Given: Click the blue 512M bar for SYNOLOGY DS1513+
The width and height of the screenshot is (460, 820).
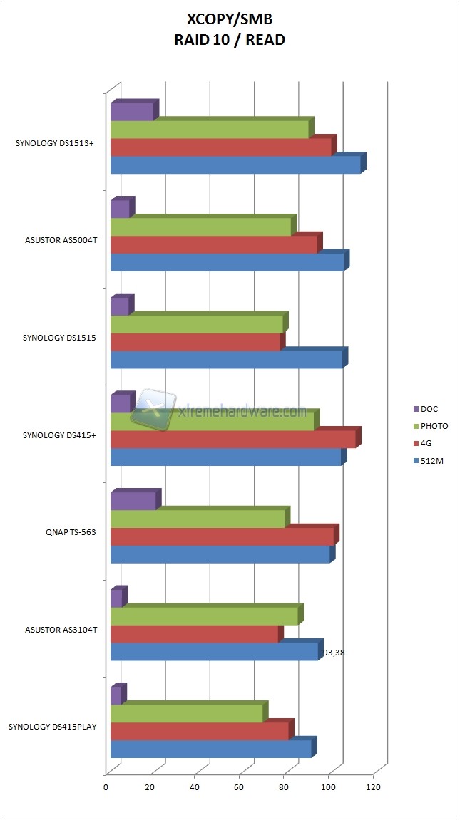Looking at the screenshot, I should click(x=235, y=165).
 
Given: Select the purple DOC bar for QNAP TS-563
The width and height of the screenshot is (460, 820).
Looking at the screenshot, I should click(x=133, y=501).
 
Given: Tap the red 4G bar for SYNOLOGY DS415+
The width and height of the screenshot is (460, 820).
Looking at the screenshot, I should click(x=233, y=439).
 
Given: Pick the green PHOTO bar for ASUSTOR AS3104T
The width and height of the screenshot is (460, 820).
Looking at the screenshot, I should click(x=204, y=616).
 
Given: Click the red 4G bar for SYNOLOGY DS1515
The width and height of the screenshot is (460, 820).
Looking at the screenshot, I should click(x=195, y=342).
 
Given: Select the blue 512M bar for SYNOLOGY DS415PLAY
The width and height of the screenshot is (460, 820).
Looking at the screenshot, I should click(x=211, y=749).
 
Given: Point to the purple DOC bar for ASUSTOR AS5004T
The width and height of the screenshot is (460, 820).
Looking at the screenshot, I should click(x=120, y=209).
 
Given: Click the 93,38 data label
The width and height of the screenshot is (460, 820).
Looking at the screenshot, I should click(x=335, y=652).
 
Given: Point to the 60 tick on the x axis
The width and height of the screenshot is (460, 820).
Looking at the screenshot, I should click(x=238, y=787).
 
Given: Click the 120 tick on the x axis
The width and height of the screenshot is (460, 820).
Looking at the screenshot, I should click(x=372, y=787).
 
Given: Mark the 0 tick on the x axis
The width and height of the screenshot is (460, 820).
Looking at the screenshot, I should click(x=106, y=787).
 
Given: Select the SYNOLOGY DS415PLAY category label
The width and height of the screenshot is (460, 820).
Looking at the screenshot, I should click(x=53, y=727).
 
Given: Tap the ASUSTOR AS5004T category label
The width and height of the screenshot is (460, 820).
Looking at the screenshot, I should click(x=61, y=239).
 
